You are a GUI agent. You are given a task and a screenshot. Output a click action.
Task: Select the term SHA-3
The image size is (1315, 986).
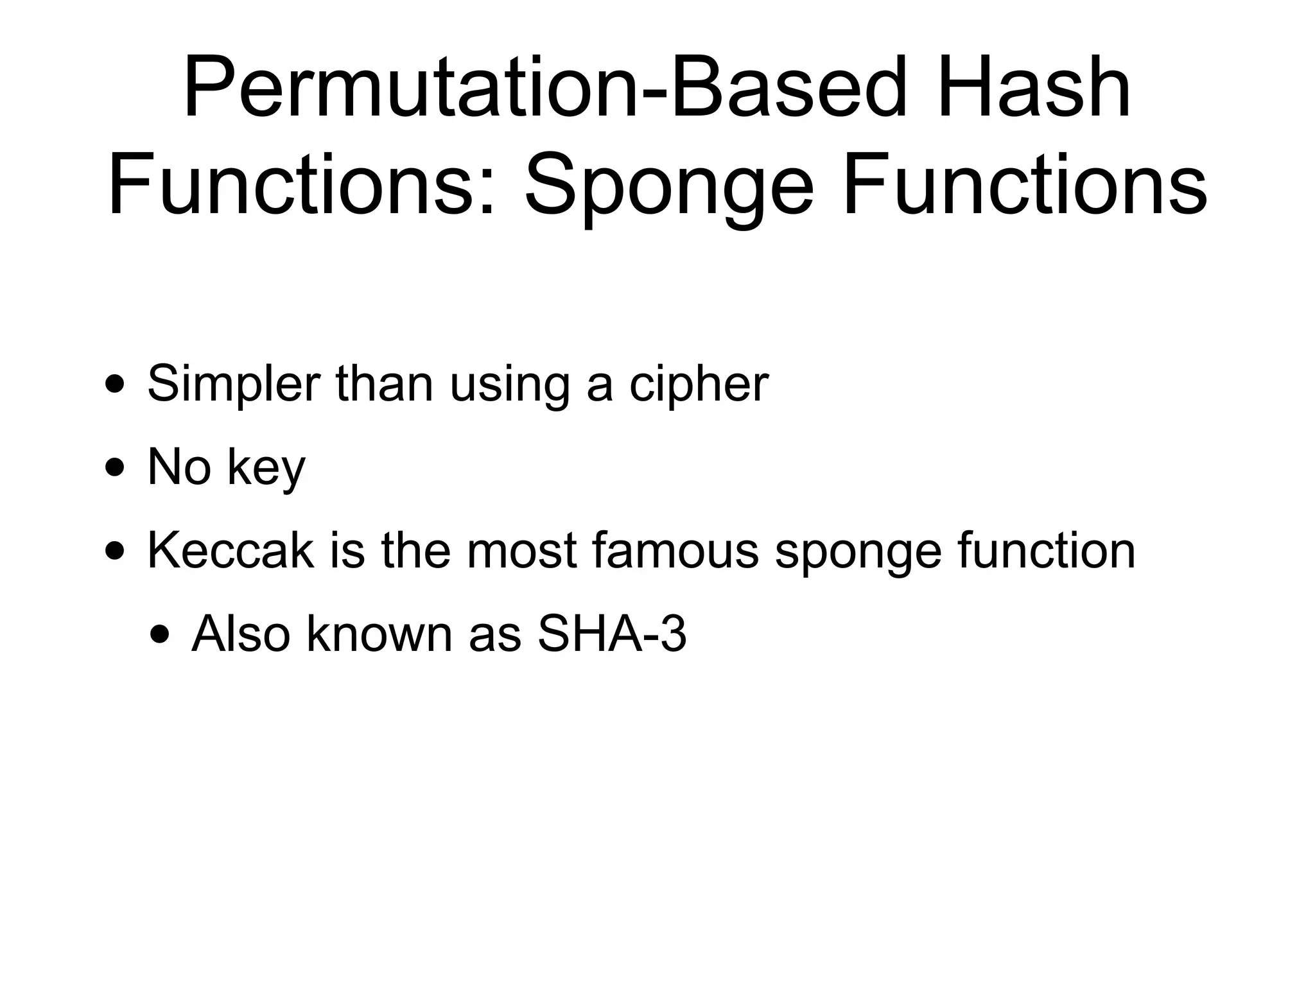pyautogui.click(x=611, y=634)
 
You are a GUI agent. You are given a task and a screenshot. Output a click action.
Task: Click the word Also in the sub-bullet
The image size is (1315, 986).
pyautogui.click(x=241, y=634)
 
